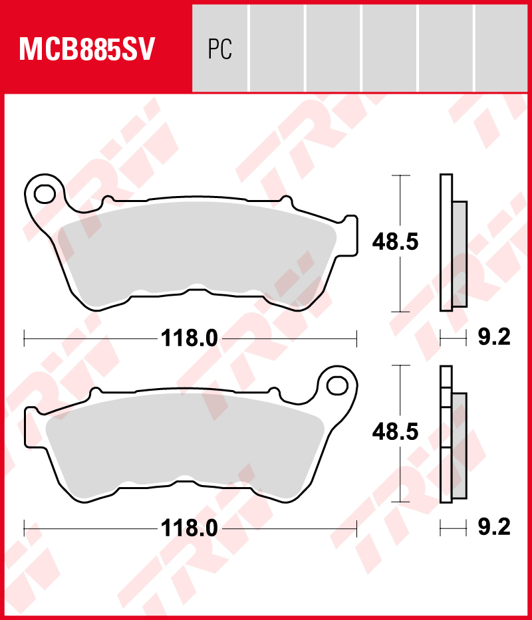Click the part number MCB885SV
(x=87, y=49)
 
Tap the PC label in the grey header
(x=219, y=49)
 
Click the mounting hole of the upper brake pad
(x=46, y=193)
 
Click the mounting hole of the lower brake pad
(x=337, y=384)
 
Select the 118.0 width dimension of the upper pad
(x=190, y=338)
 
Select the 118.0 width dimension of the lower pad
(x=190, y=528)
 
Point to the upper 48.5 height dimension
(x=395, y=243)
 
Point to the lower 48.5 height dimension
(x=395, y=433)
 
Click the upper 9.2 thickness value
(x=494, y=338)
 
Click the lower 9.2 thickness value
(x=494, y=528)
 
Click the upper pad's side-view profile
(x=446, y=243)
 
